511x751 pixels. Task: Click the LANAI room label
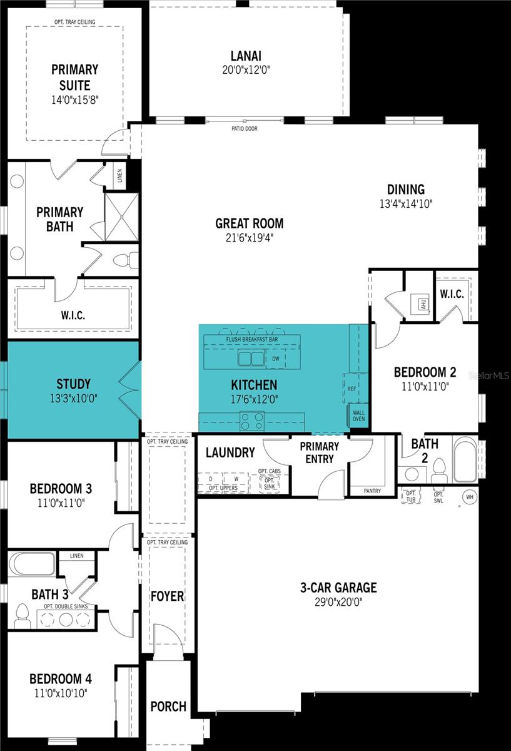[245, 56]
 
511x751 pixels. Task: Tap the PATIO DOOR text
[244, 129]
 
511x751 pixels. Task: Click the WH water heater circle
[468, 497]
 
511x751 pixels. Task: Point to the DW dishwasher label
[275, 359]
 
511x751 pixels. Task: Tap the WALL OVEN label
[359, 416]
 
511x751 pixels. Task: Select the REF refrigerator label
[352, 389]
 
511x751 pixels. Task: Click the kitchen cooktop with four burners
[251, 420]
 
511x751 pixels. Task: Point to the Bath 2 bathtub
[465, 459]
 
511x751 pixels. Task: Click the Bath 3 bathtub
[31, 563]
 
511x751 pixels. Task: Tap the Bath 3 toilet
[23, 615]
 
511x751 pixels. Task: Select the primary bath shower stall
[121, 217]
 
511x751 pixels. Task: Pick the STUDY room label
[73, 384]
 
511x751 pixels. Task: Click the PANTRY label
[372, 491]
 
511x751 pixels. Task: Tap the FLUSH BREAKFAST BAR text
[252, 340]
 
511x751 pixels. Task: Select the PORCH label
[168, 706]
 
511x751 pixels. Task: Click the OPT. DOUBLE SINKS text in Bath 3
[69, 607]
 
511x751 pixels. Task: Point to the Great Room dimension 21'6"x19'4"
[249, 238]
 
